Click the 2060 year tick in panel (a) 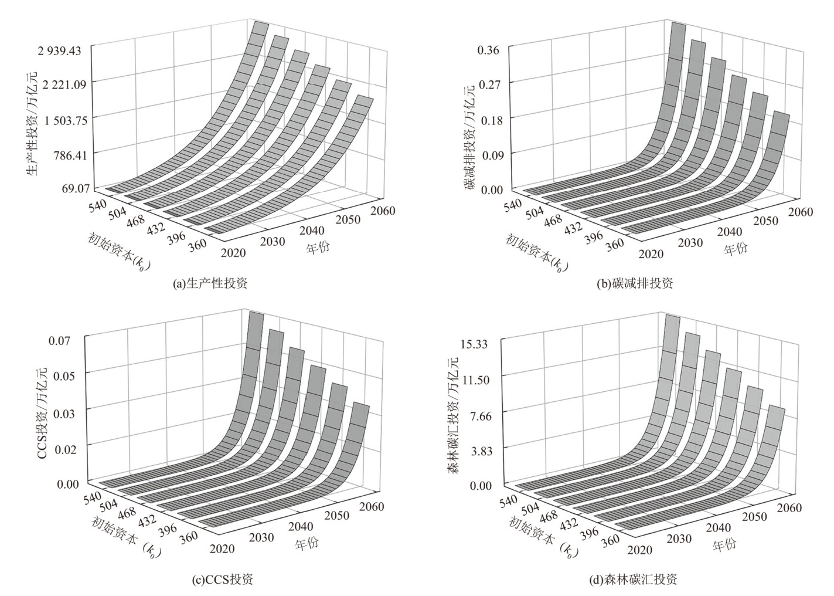(x=382, y=211)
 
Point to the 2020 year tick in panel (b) (x=651, y=254)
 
